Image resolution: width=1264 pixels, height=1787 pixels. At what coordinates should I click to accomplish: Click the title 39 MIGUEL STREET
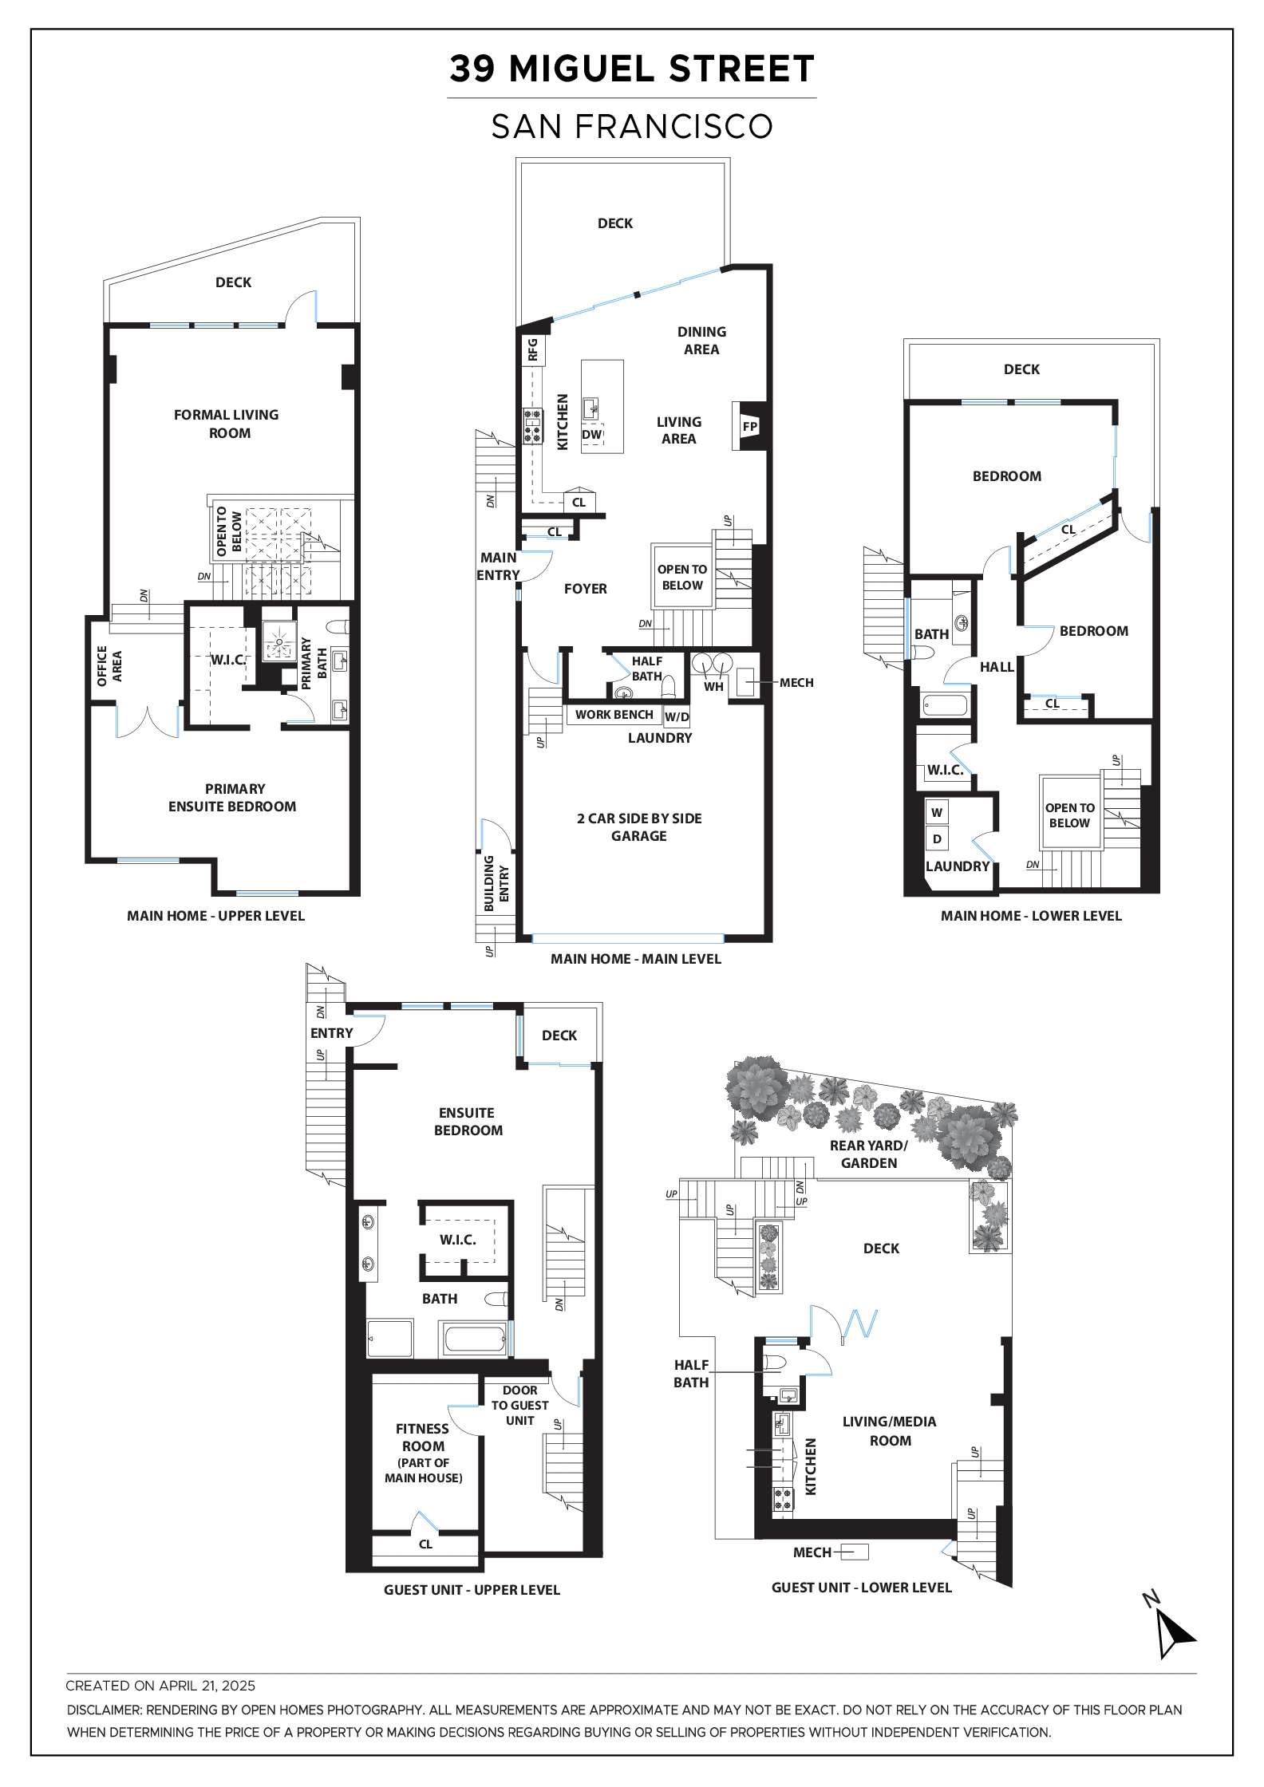coord(631,69)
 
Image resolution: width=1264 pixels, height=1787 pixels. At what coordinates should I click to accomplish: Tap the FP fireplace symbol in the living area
coord(749,427)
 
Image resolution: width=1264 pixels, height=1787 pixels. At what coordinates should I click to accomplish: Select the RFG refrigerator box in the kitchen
coord(533,349)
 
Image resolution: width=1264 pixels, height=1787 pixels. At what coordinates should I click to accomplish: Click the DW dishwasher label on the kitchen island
coord(591,435)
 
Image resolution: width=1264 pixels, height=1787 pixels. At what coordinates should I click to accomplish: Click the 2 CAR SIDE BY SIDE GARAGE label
coord(639,827)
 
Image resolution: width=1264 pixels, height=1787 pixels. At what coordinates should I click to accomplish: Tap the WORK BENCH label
coord(614,715)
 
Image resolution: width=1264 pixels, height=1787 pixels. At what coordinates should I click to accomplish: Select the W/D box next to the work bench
coord(677,716)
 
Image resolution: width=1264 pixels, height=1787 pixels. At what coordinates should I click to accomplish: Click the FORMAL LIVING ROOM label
coord(227,424)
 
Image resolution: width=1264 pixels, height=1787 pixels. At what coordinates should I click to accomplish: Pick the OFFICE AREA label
coord(109,666)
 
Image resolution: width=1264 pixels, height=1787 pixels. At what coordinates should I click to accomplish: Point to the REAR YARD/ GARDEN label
coord(869,1154)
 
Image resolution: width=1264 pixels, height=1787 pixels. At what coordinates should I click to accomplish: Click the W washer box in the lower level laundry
coord(938,813)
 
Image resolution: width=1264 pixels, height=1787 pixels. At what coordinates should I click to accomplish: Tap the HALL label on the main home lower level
coord(997,667)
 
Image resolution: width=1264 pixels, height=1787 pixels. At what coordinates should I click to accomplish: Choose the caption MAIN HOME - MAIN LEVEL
coord(636,959)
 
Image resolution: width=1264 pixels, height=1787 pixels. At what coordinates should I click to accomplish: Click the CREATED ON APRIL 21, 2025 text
coord(160,1686)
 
